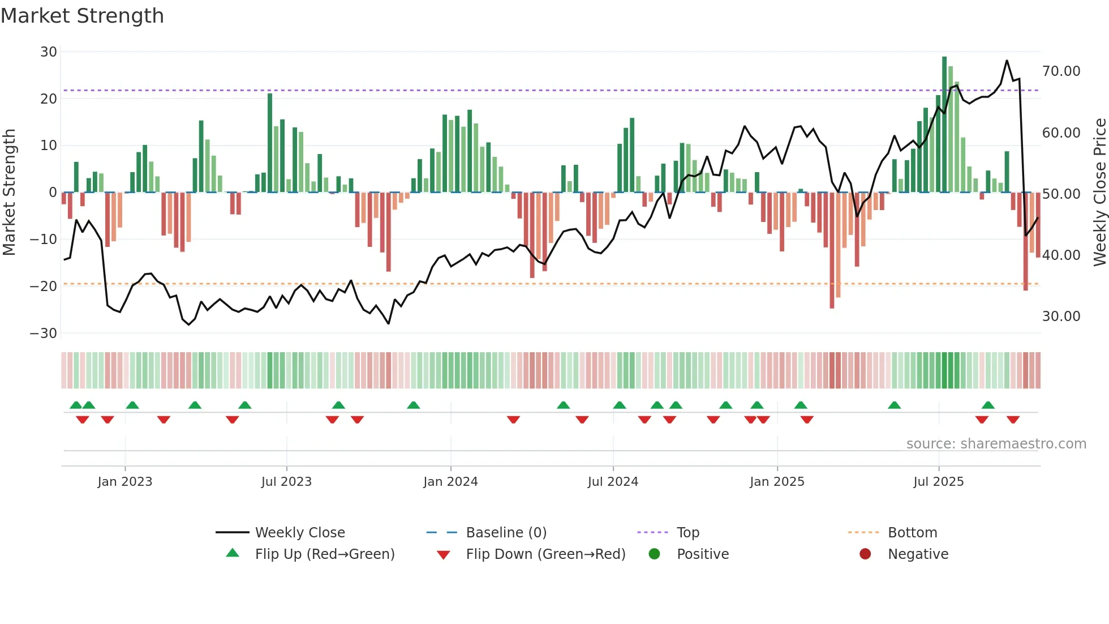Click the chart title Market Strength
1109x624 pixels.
82,16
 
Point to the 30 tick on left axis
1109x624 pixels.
49,52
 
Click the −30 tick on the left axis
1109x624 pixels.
44,333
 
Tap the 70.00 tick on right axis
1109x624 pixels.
1061,71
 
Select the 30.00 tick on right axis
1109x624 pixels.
1061,317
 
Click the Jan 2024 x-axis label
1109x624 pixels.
450,482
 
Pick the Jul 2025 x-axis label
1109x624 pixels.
938,482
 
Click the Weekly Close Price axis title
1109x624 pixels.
1099,193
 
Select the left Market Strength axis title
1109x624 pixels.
10,193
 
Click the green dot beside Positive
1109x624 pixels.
655,554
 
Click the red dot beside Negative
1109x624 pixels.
865,554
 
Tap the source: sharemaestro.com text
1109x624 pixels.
996,444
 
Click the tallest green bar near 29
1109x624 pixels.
944,125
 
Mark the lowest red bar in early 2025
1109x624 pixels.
832,250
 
